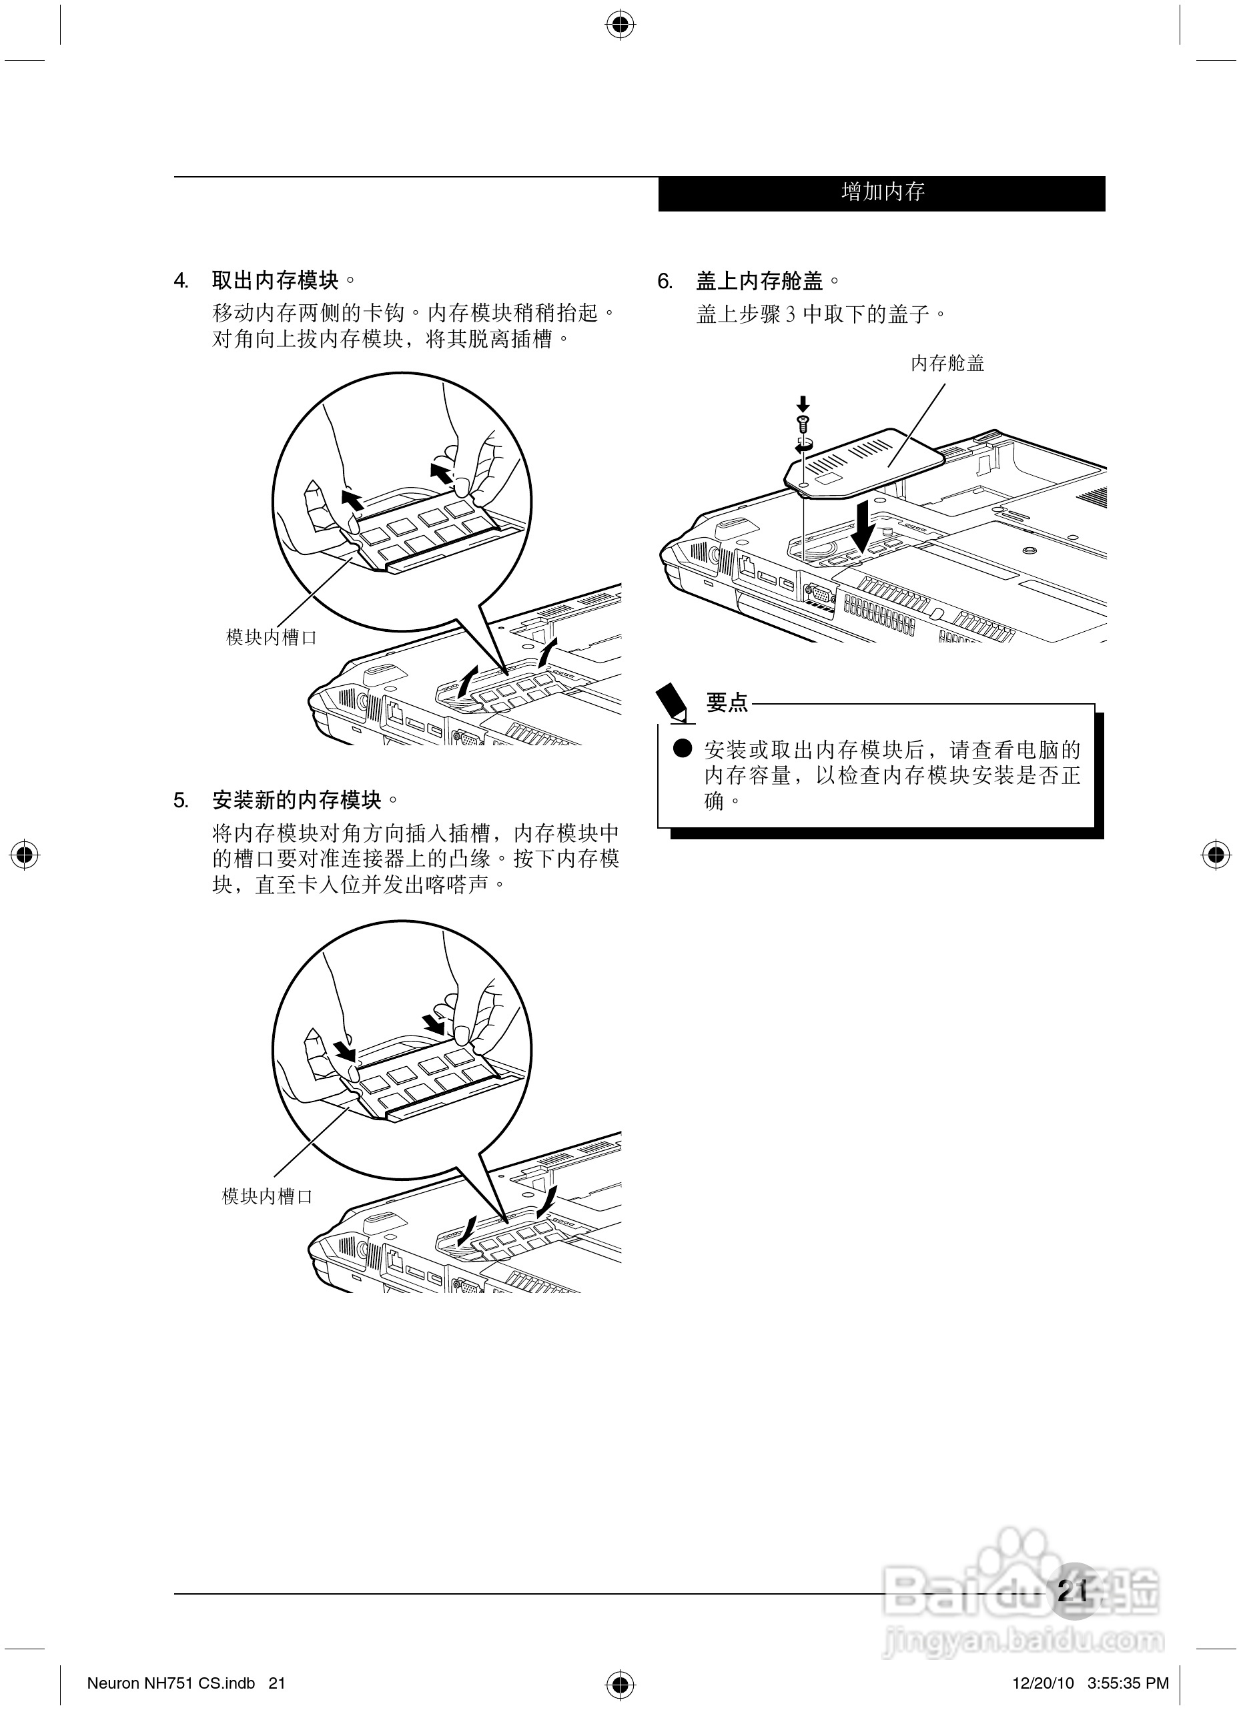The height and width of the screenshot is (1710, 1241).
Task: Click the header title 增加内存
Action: click(883, 192)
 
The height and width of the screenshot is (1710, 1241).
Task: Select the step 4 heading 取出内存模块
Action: click(276, 282)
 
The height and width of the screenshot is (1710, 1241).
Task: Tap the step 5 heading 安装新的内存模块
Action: click(297, 800)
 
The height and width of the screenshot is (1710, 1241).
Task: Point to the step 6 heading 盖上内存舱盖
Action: click(760, 282)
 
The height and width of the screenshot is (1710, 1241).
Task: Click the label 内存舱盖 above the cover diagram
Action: click(947, 364)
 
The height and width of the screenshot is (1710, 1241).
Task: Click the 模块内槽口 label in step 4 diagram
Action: click(272, 638)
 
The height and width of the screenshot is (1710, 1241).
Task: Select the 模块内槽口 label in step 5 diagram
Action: click(267, 1196)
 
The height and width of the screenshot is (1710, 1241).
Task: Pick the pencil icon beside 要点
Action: click(673, 702)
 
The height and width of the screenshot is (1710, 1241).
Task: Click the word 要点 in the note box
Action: click(727, 703)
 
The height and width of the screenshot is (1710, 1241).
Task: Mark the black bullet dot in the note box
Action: click(683, 749)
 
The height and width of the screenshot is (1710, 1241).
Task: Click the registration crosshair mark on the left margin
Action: click(25, 856)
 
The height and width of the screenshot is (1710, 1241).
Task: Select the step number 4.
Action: click(180, 282)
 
